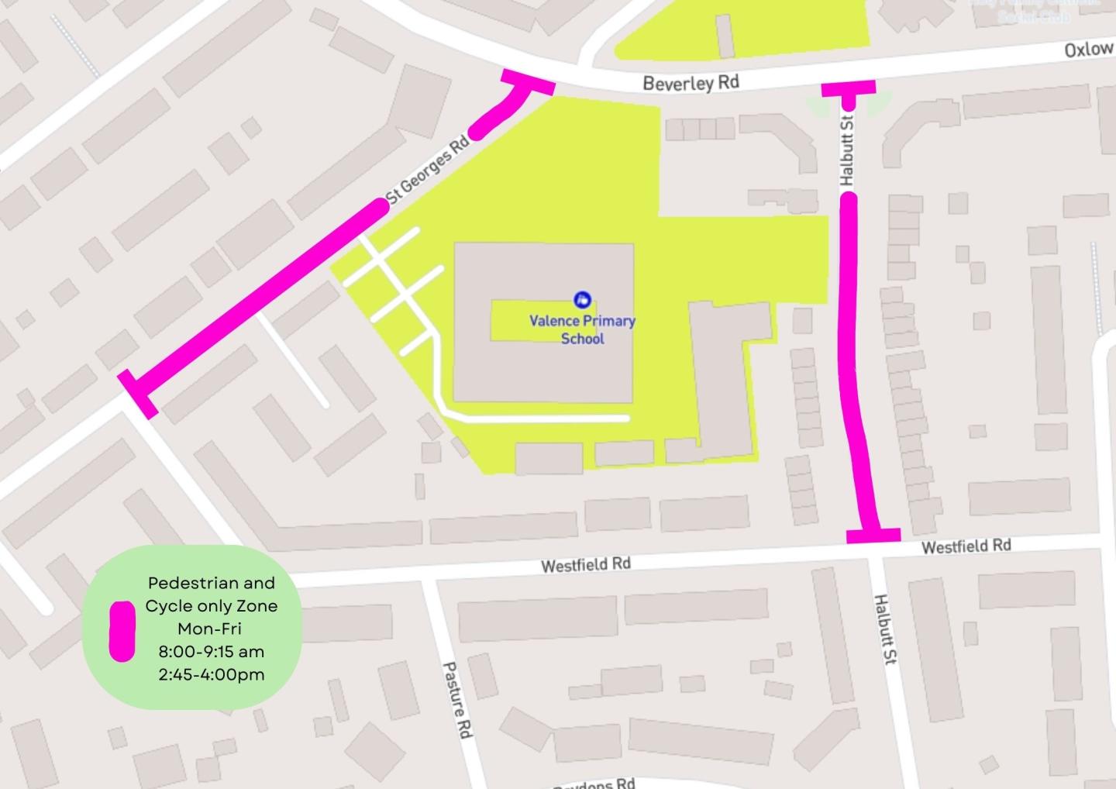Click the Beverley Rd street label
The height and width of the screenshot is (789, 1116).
tap(691, 83)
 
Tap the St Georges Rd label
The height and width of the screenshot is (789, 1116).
tap(428, 170)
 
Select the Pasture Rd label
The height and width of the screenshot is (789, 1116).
tap(457, 699)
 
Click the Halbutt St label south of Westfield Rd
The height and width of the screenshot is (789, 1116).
tap(885, 629)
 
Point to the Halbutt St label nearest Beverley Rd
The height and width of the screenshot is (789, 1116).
tap(846, 150)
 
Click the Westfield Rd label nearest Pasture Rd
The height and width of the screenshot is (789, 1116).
tap(585, 564)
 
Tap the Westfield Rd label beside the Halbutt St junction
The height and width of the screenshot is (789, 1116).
tap(966, 546)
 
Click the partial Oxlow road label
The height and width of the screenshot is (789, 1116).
tap(1089, 50)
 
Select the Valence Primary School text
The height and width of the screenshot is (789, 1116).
tap(582, 329)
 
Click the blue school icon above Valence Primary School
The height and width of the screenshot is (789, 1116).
tap(582, 300)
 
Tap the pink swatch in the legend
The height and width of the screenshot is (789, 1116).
tap(122, 631)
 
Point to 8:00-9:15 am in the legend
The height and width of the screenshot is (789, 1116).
tap(211, 652)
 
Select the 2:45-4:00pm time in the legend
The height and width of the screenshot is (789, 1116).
tap(211, 674)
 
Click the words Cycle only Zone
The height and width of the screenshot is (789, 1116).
tap(211, 606)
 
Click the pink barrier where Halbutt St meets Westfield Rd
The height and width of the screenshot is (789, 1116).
tap(873, 535)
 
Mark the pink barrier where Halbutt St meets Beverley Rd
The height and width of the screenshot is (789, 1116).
tap(848, 88)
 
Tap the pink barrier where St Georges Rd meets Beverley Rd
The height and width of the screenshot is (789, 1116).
tap(528, 82)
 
